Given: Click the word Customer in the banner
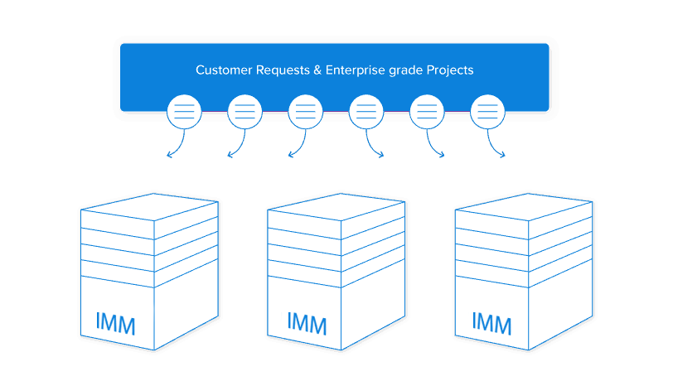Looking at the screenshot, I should coord(222,70).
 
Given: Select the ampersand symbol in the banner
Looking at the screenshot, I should coord(317,70).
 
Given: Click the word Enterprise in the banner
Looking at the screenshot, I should coord(354,70).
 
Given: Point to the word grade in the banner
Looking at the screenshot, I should coord(404,70).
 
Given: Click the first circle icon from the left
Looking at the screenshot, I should coord(184,112).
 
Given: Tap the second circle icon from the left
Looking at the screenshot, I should coord(245,112).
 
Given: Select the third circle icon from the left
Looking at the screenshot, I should coord(305,112).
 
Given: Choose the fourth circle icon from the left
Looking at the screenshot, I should coord(366,112).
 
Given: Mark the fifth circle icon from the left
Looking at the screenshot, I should coord(427,112).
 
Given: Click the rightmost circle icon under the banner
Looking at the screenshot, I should coord(487,112).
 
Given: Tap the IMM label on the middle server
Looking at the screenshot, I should coord(307,321).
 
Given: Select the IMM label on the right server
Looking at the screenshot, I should coord(491,322).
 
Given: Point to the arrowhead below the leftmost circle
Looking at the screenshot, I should coord(169,155).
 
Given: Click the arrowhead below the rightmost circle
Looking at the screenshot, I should coord(503,155).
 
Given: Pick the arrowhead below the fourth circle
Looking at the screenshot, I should coord(381,155).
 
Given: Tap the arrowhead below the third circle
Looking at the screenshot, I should coord(290,155).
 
